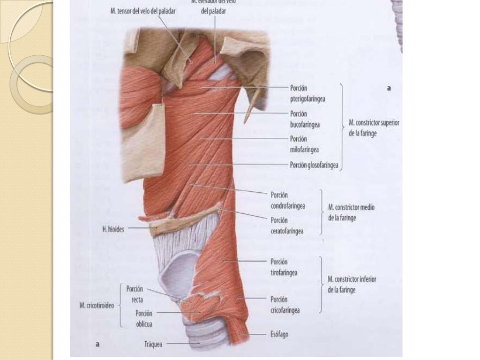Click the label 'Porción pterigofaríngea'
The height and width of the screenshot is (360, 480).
pos(307,93)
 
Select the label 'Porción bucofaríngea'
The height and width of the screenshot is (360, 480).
pos(305,119)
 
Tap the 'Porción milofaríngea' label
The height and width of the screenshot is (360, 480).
pos(304,144)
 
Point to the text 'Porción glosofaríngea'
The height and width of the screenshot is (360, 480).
pos(314,165)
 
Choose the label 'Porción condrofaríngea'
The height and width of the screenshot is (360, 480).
pos(288,200)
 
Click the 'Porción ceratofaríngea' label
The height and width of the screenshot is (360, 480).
pos(287,225)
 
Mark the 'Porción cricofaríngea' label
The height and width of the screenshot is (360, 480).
pos(285,305)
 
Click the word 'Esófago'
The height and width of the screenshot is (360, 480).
pos(279,335)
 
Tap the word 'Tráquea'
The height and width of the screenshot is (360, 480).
pos(153,344)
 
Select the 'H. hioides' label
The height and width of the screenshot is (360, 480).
pos(113,230)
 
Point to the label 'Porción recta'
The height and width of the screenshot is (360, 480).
pos(135,294)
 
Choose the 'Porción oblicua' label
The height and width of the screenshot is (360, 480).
pos(144,318)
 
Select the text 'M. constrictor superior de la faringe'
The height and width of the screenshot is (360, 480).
pos(374,127)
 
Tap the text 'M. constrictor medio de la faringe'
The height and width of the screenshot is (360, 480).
pos(351,212)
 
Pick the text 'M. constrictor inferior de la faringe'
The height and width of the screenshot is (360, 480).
pos(352,284)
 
